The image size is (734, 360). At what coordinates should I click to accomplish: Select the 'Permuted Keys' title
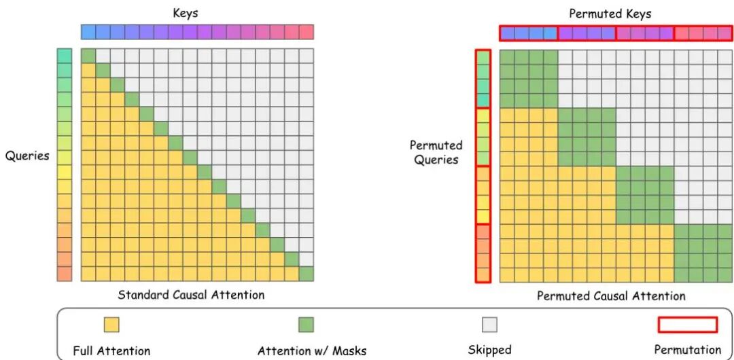[610, 14]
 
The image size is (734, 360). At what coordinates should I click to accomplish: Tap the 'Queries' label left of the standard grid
[27, 156]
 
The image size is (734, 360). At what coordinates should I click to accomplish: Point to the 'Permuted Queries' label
[436, 153]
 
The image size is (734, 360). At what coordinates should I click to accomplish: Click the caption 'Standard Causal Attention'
[191, 295]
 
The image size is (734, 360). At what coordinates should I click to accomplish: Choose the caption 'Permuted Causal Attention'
[611, 295]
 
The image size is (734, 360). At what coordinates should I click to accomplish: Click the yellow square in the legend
[111, 325]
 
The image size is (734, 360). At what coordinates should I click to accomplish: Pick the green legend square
[306, 325]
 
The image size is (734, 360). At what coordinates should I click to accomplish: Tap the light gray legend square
[489, 325]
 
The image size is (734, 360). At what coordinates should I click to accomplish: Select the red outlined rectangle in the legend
[687, 325]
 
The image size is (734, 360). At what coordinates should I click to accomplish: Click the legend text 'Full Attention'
[111, 351]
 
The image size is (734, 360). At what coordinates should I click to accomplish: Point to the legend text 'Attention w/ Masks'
[312, 351]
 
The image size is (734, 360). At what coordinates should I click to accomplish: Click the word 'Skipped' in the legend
[489, 350]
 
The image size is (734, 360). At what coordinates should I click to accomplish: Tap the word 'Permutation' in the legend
[687, 350]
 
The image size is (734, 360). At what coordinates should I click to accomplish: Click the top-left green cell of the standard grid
[88, 56]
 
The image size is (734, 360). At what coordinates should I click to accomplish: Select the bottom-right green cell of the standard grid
[306, 274]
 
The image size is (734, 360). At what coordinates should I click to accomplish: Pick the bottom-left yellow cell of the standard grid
[88, 274]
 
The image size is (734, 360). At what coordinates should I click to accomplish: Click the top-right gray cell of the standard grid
[306, 56]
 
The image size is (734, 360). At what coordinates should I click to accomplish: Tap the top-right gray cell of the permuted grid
[725, 56]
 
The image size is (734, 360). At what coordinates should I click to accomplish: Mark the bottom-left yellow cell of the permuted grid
[507, 274]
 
